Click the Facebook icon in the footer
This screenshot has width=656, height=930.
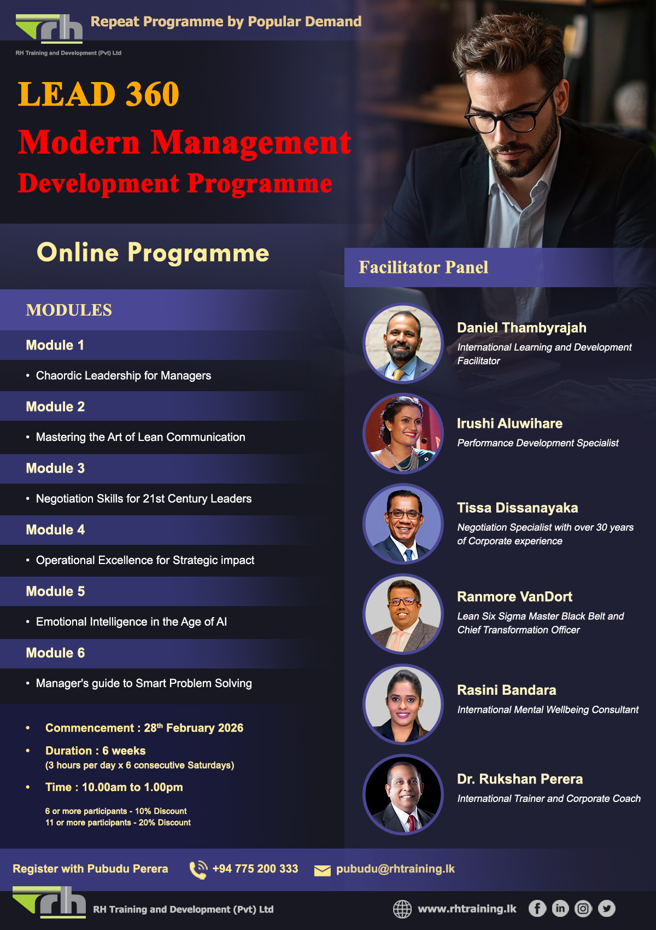pyautogui.click(x=537, y=909)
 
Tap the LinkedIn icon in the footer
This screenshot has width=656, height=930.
pyautogui.click(x=560, y=909)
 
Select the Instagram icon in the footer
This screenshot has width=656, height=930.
pyautogui.click(x=583, y=909)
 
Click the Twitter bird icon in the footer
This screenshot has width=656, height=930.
pyautogui.click(x=606, y=909)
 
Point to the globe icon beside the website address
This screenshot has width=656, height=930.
pyautogui.click(x=402, y=909)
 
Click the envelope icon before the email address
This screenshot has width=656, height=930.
pyautogui.click(x=323, y=870)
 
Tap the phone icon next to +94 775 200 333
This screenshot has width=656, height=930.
pyautogui.click(x=198, y=869)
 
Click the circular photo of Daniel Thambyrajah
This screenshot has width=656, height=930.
pyautogui.click(x=403, y=344)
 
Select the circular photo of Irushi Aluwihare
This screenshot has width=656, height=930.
pyautogui.click(x=403, y=434)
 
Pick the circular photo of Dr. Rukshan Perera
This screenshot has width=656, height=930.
pyautogui.click(x=403, y=795)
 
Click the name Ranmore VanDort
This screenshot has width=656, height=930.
pyautogui.click(x=514, y=597)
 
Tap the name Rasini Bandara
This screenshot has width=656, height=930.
pyautogui.click(x=506, y=690)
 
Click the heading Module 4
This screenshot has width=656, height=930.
pyautogui.click(x=55, y=530)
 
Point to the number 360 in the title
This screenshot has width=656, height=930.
pyautogui.click(x=153, y=94)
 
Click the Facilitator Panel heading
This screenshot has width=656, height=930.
pyautogui.click(x=423, y=268)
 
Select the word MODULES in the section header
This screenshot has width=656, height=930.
pyautogui.click(x=69, y=310)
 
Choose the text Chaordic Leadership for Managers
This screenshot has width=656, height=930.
pyautogui.click(x=124, y=376)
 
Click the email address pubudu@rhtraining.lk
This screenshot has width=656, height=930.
pyautogui.click(x=395, y=869)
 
